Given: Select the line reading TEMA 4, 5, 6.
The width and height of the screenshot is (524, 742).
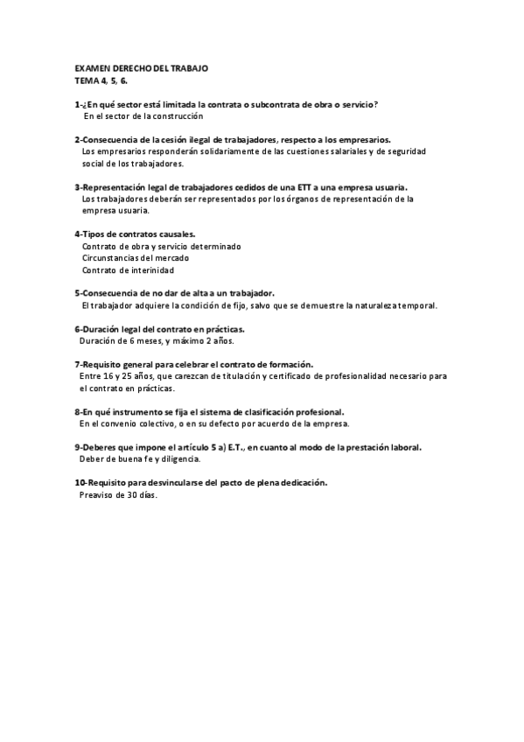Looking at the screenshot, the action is [101, 80].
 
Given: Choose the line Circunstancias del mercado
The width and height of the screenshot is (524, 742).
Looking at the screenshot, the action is [135, 258].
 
